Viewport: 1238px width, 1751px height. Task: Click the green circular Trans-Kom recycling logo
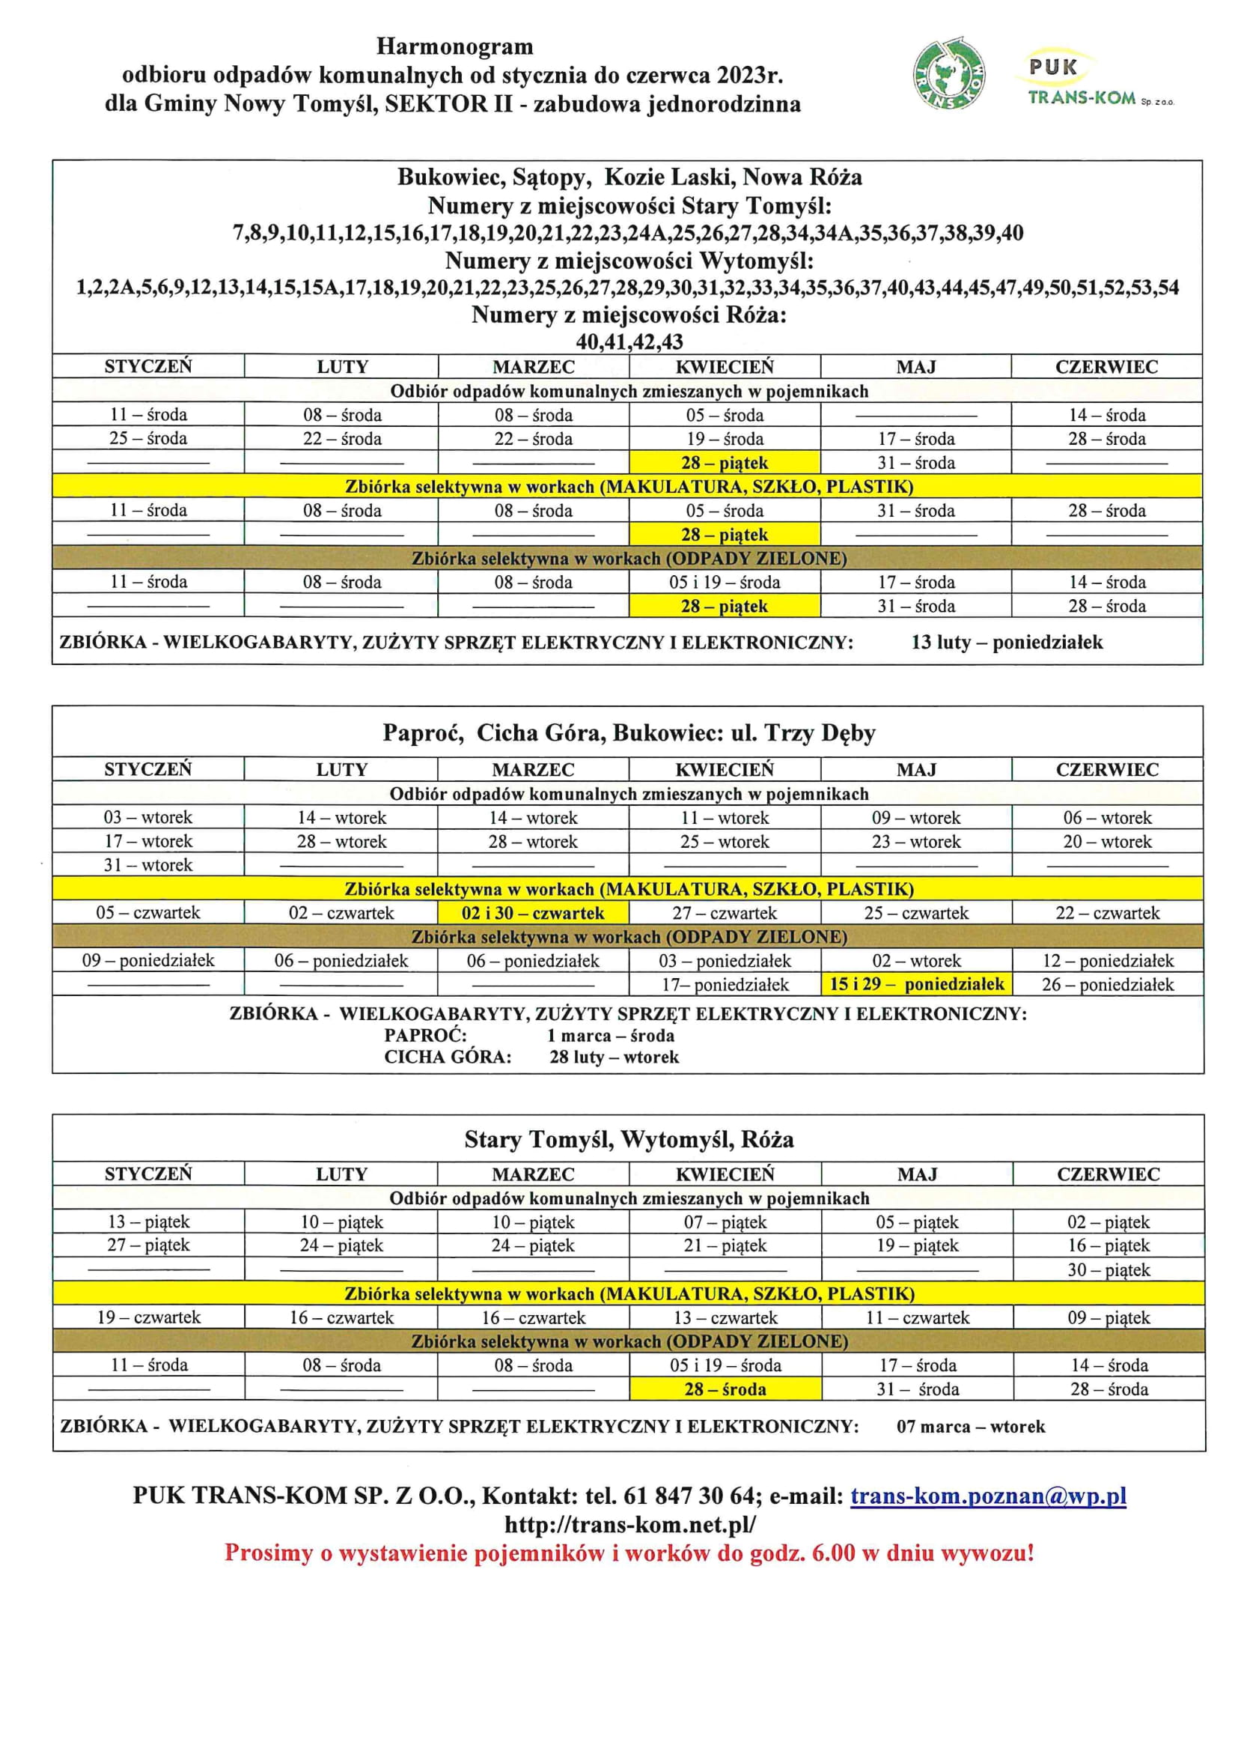(948, 74)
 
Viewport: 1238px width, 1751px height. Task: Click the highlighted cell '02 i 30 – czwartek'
(533, 913)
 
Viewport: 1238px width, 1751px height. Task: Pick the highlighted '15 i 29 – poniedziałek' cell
(916, 984)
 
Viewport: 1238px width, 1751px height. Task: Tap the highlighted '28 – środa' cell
(725, 1389)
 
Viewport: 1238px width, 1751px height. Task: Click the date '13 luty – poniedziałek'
(1006, 642)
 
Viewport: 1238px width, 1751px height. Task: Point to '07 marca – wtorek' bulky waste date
(971, 1426)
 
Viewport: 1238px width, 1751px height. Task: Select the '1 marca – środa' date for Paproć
(610, 1036)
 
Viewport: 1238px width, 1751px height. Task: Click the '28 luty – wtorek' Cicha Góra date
(614, 1057)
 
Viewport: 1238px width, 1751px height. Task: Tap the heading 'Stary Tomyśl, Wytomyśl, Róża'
(629, 1139)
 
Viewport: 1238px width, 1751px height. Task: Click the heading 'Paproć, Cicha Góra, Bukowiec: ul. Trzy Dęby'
(629, 733)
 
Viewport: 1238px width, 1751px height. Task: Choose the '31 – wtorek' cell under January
(148, 865)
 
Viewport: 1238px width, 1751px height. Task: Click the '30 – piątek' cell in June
(1108, 1269)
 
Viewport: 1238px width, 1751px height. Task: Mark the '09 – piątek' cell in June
(1108, 1317)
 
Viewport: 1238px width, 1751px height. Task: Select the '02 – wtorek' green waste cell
(916, 961)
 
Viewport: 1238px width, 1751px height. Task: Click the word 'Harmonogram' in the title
(454, 47)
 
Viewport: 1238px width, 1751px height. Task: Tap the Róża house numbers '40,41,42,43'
(629, 342)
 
